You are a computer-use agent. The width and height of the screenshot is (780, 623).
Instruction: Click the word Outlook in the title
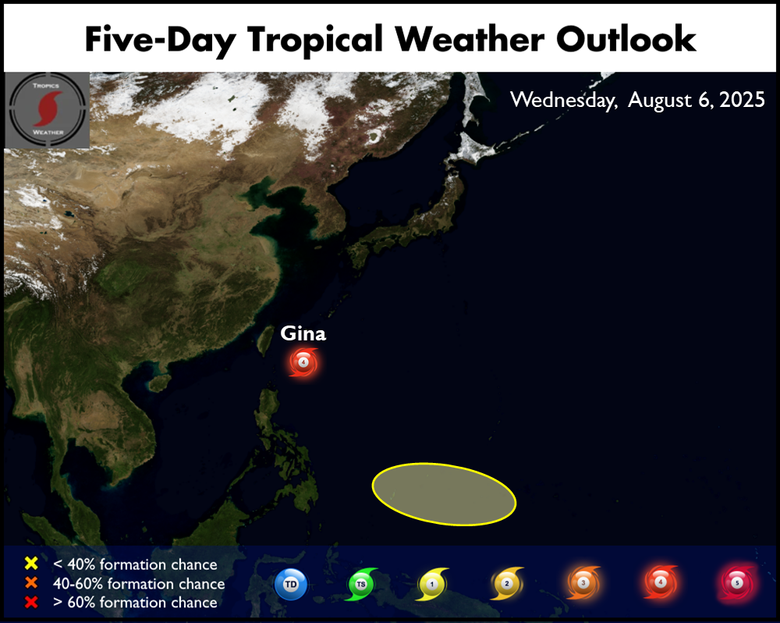click(x=626, y=38)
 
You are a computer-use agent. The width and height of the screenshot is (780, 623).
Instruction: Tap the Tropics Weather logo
click(x=48, y=110)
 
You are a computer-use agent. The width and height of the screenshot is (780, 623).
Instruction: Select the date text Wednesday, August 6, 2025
click(x=637, y=100)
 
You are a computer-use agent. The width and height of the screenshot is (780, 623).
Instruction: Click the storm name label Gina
click(x=303, y=333)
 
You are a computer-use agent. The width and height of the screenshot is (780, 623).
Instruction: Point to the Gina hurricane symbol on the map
click(x=303, y=362)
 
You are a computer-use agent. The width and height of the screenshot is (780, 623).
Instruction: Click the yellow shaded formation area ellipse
click(x=444, y=494)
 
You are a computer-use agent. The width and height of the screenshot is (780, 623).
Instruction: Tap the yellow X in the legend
click(x=31, y=563)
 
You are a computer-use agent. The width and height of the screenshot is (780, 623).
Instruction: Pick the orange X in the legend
click(x=31, y=582)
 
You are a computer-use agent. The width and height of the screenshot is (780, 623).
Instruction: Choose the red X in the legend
click(x=31, y=602)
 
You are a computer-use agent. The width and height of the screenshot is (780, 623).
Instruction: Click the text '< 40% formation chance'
click(x=135, y=564)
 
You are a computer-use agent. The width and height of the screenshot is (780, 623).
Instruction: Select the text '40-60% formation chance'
click(x=140, y=583)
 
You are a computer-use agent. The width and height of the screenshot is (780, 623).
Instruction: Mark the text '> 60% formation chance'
click(x=135, y=602)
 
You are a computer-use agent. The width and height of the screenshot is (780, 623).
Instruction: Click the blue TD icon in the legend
click(x=291, y=584)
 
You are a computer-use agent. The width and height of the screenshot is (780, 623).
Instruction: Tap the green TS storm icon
click(x=362, y=584)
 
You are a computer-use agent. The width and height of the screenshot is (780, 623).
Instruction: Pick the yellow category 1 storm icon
click(x=432, y=584)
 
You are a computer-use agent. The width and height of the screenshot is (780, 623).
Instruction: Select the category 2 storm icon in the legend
click(x=507, y=583)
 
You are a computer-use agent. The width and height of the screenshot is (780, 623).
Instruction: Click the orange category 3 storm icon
click(x=583, y=582)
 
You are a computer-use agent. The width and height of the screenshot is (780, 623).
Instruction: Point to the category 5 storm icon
click(x=737, y=582)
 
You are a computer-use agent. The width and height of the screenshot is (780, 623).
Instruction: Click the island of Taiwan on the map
click(x=265, y=340)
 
